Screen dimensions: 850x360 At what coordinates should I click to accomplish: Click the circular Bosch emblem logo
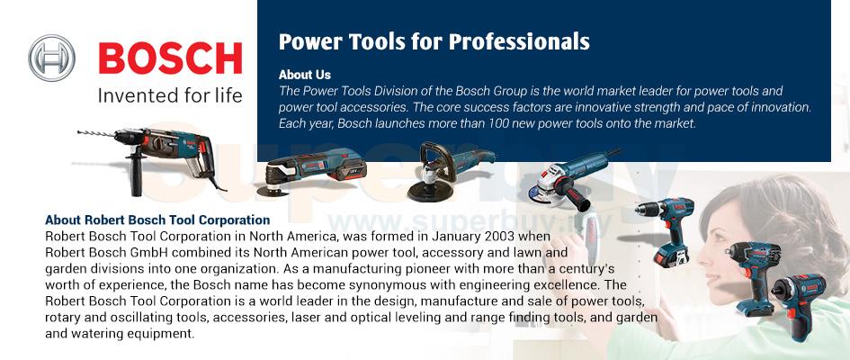[x=51, y=58]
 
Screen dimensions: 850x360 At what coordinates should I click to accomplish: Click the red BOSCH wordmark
[x=170, y=58]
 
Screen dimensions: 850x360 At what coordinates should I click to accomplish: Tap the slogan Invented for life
[x=170, y=96]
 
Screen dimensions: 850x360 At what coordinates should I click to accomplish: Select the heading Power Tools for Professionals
[x=434, y=41]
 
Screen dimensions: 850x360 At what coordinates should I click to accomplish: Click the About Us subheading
[x=305, y=75]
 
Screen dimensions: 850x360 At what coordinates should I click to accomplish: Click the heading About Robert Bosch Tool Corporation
[x=157, y=220]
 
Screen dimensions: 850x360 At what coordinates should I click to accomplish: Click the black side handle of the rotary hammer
[x=136, y=174]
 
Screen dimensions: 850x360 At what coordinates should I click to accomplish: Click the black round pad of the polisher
[x=431, y=190]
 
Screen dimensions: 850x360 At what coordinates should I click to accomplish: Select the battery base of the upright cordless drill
[x=671, y=255]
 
